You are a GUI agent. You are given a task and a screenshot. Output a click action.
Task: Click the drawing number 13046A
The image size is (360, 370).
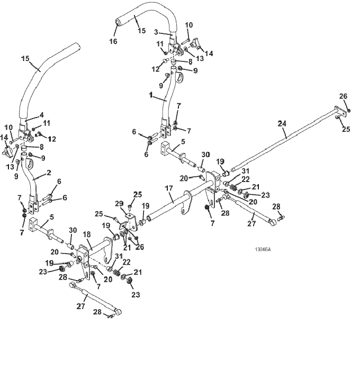click(263, 249)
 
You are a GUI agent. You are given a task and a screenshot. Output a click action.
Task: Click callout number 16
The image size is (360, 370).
click(113, 41)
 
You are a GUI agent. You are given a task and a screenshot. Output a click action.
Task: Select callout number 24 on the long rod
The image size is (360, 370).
click(282, 123)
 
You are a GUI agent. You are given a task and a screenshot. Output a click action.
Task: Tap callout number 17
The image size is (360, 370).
click(169, 188)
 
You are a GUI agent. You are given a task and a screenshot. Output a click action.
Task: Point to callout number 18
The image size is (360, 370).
click(87, 234)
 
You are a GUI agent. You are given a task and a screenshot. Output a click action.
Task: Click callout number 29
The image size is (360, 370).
click(120, 204)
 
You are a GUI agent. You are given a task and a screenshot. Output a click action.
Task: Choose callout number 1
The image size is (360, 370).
click(150, 95)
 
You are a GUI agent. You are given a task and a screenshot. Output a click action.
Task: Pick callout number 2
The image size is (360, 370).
click(49, 173)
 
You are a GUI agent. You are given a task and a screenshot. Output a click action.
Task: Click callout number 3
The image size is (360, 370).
click(156, 32)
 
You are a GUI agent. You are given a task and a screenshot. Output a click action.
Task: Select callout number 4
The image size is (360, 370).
click(41, 115)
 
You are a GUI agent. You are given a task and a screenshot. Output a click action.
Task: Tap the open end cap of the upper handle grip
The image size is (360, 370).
click(118, 23)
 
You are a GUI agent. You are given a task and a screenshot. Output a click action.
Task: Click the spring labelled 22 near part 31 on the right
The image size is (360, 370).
click(233, 187)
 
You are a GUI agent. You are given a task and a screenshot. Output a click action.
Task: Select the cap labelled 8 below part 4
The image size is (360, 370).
click(23, 149)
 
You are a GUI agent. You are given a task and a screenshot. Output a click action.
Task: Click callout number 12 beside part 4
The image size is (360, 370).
click(52, 139)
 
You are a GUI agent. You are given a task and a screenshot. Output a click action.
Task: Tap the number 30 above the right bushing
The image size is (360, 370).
click(205, 155)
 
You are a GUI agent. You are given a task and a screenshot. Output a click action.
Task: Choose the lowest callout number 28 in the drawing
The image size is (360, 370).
click(97, 312)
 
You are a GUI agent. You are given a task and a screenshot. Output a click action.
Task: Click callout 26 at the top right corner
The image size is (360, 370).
click(344, 96)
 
